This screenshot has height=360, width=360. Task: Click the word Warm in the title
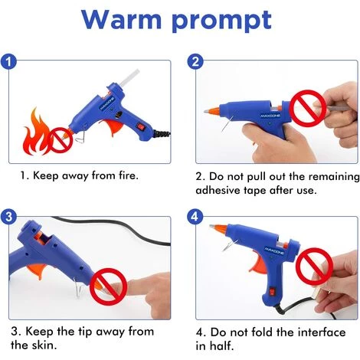[x=122, y=20]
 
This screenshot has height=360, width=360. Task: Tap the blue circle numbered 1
[x=8, y=62]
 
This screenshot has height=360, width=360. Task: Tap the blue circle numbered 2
[x=195, y=62]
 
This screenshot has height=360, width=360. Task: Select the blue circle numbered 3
[x=8, y=217]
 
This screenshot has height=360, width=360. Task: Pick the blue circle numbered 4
[x=195, y=217]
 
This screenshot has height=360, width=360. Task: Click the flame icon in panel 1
[x=36, y=132]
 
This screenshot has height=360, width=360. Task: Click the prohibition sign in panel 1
[x=60, y=140]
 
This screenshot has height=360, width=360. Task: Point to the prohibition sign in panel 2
[x=308, y=107]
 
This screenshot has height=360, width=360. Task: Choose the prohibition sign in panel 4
[x=316, y=266]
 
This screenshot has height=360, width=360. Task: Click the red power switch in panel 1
[x=140, y=126]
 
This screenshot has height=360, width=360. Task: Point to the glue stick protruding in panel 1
[x=128, y=78]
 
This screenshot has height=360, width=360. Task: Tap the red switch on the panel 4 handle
[x=273, y=291]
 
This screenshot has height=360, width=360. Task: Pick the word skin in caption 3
[x=44, y=345]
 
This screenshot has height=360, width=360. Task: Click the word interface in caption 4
[x=322, y=332]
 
